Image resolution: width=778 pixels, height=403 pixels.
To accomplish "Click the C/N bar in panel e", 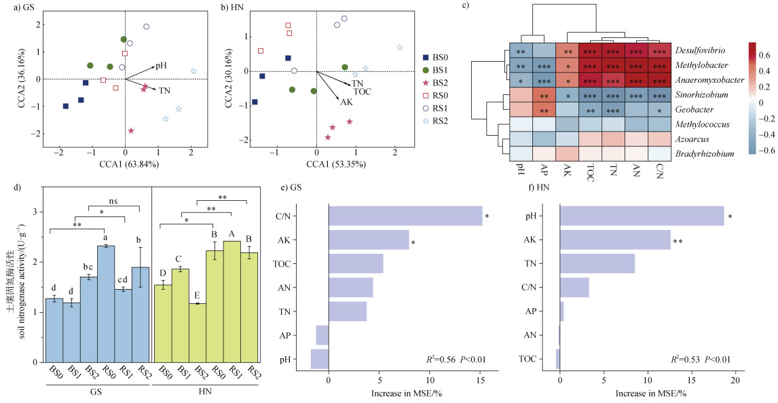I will pyautogui.click(x=405, y=216).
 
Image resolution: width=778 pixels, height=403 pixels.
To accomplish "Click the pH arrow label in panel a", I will pyautogui.click(x=162, y=66).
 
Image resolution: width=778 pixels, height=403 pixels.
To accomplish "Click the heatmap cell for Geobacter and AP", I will pyautogui.click(x=543, y=111).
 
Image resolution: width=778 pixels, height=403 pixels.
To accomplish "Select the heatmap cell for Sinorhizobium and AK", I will pyautogui.click(x=567, y=96).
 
